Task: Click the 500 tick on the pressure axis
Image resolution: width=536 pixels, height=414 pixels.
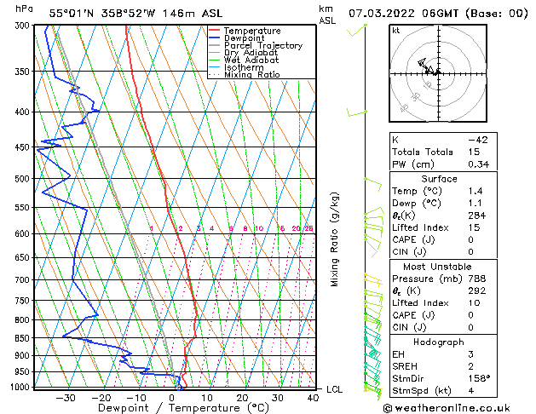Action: pos(24,179)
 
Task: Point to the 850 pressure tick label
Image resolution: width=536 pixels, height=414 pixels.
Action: pos(24,338)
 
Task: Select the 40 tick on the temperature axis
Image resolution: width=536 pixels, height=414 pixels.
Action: pos(314,397)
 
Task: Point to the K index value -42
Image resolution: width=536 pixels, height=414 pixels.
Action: pos(477,140)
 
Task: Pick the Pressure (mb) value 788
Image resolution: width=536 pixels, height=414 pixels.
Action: pos(478,279)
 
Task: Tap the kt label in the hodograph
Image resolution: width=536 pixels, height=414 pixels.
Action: pos(395,30)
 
